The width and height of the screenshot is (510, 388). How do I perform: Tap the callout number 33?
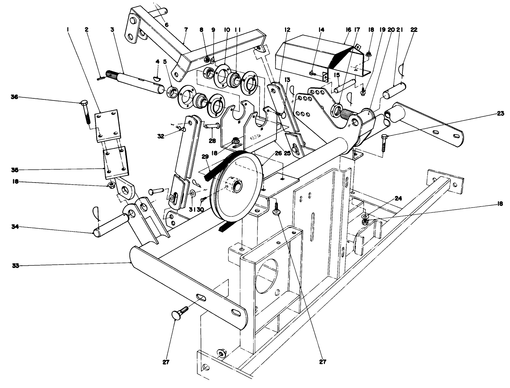point(15,266)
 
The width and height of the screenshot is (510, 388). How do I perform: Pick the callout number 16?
point(348,30)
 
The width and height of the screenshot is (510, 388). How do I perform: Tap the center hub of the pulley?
point(238,186)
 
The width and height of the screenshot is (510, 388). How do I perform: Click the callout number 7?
point(186,30)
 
